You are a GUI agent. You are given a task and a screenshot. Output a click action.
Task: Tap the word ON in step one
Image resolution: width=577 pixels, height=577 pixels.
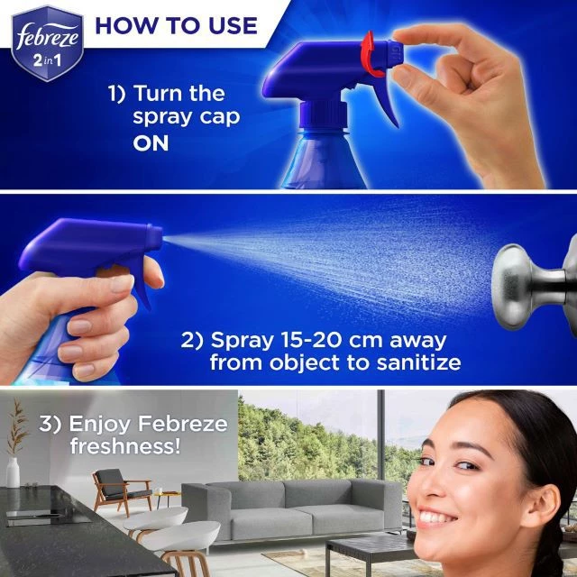click(151, 142)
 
